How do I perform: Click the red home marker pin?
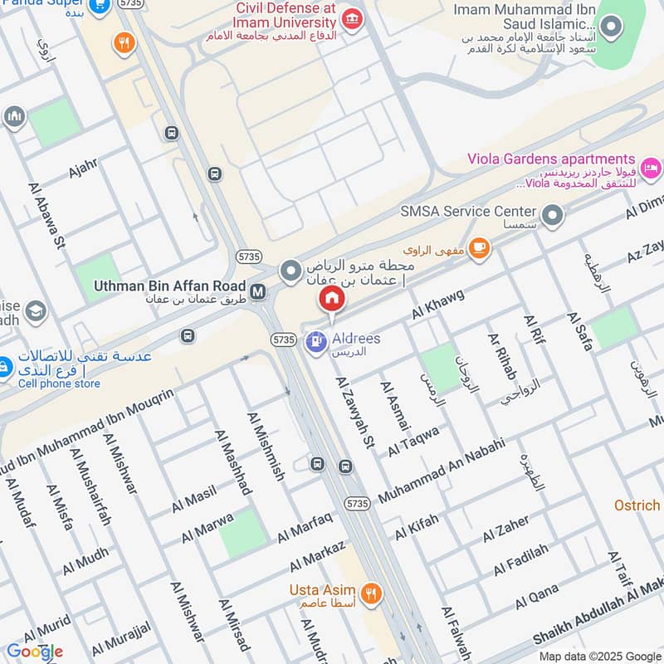tap(331, 300)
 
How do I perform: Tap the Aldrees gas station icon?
tap(315, 340)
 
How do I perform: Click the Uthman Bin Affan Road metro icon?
tap(259, 291)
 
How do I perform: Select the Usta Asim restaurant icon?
tap(371, 593)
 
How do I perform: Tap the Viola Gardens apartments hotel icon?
tap(652, 167)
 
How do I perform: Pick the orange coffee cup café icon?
tap(479, 247)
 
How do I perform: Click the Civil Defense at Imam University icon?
tap(352, 18)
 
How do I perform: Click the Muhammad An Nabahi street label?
tap(442, 471)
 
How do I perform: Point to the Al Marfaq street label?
tap(305, 528)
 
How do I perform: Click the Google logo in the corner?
tap(35, 652)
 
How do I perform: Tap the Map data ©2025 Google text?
tap(608, 657)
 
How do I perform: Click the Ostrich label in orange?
tap(637, 505)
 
